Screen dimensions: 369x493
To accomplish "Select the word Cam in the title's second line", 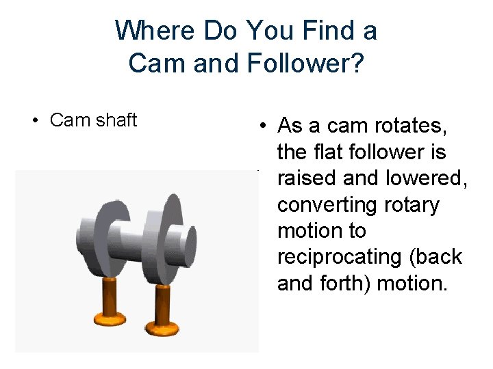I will [x=150, y=63].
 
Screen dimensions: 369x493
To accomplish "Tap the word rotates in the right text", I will [x=411, y=126].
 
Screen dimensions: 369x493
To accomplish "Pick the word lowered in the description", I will [x=426, y=178].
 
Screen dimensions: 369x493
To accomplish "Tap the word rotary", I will [x=407, y=204].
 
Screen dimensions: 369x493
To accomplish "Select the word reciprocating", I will [x=334, y=257].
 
